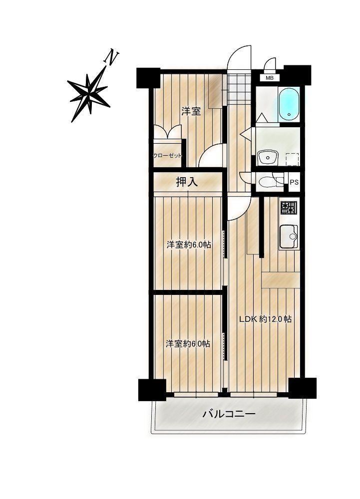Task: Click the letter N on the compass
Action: tap(111, 57)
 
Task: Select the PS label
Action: tap(294, 182)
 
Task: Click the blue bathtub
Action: tap(289, 104)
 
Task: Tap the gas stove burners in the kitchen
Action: tap(289, 208)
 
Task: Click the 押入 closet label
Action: tap(187, 182)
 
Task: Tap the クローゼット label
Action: tap(168, 156)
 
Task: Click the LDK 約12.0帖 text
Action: tap(266, 319)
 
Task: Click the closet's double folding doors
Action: tap(167, 132)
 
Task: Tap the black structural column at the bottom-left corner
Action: tap(152, 390)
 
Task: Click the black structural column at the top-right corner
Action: tap(297, 75)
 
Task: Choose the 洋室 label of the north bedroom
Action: tap(191, 111)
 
